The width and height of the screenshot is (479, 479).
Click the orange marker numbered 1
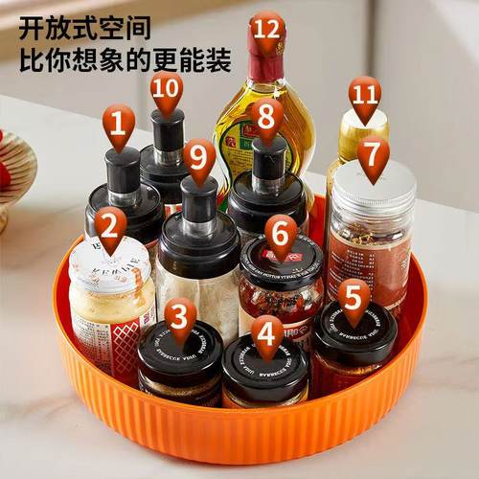[x=119, y=125]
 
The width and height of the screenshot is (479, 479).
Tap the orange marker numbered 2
[x=111, y=227]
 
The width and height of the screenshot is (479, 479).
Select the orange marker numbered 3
[x=180, y=315]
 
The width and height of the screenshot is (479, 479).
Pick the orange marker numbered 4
[x=267, y=332]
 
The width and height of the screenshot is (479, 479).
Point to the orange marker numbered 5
[x=354, y=298]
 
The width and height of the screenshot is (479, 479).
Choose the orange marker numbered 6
[x=281, y=233]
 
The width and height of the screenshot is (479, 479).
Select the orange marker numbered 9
[x=199, y=156]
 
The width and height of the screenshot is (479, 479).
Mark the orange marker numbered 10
[x=167, y=87]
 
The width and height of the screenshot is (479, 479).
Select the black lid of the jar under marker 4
[x=265, y=365]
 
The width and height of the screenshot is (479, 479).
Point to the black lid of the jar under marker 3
[x=180, y=350]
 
